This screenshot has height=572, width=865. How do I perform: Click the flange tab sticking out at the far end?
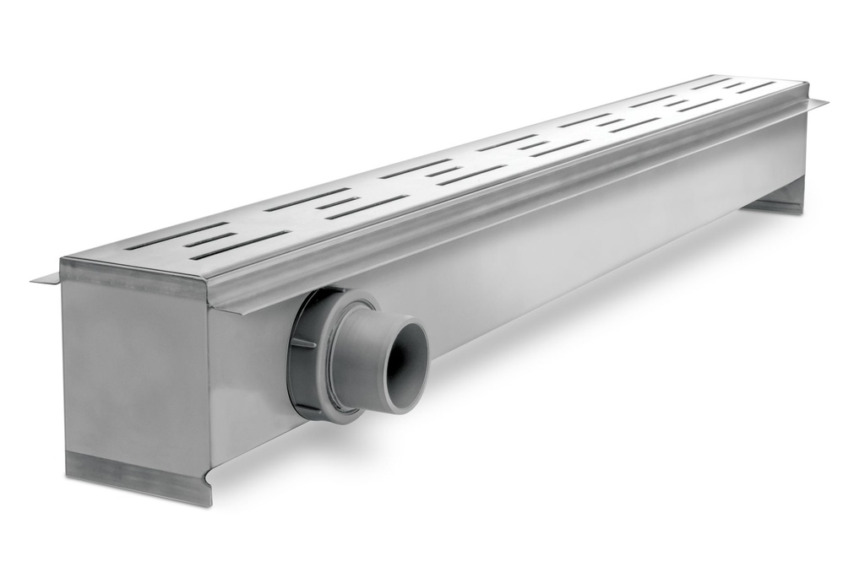[x=817, y=103]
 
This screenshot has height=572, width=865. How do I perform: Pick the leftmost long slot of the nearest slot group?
[x=177, y=236]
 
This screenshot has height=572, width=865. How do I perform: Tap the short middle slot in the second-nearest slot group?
[x=338, y=202]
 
